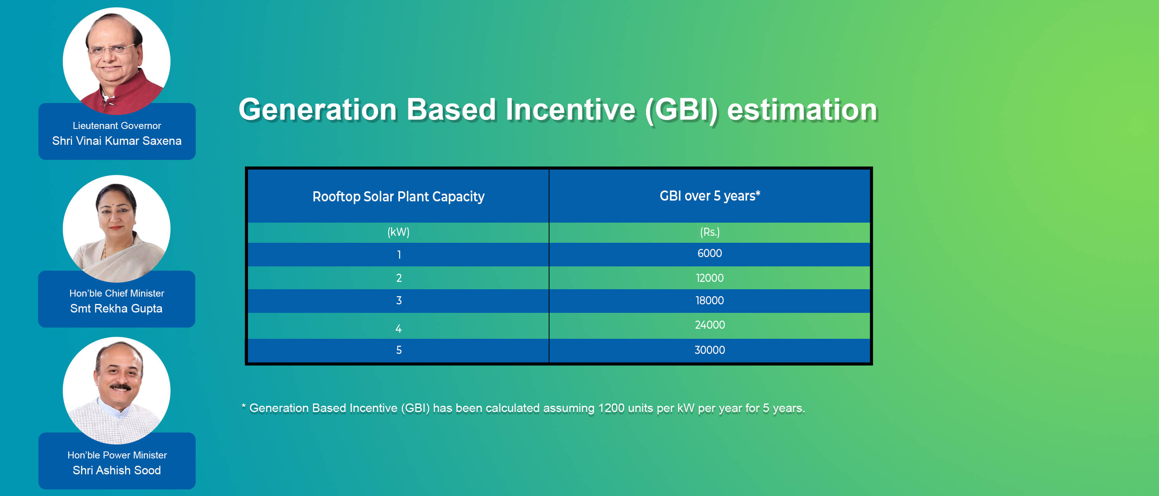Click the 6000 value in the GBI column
710,254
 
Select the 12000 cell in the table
710,278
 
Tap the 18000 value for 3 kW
710,300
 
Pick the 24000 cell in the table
710,325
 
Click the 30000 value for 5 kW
710,350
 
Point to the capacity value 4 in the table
399,329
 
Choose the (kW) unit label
399,232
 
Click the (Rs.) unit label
710,232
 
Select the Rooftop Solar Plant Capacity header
398,197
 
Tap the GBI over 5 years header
710,196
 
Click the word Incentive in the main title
570,110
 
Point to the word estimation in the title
802,110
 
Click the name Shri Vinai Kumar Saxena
117,141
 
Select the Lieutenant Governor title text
117,126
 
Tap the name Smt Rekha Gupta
116,309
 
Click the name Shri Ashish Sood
117,470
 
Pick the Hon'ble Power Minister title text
117,455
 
